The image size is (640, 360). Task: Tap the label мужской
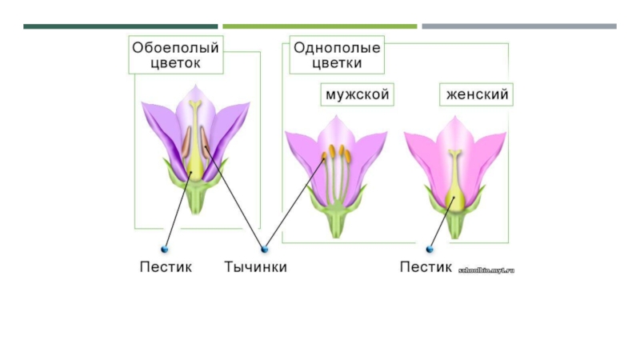point(357,95)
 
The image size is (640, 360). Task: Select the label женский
point(477,95)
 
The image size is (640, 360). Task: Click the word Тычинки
point(255,267)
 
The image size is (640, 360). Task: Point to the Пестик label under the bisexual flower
point(166,267)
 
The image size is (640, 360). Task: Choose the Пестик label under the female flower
point(426,267)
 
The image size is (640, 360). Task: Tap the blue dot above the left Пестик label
point(166,249)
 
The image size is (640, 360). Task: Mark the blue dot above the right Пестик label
point(430,249)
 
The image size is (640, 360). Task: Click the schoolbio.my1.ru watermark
point(486,270)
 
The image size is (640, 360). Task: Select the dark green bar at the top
point(120,26)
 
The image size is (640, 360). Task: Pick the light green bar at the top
point(319,26)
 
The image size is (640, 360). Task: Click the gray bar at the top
point(519,26)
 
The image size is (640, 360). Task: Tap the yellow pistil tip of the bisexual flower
point(196,105)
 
